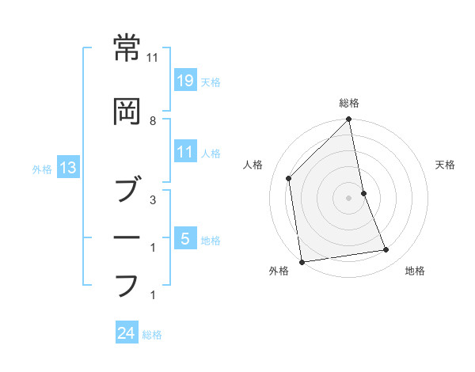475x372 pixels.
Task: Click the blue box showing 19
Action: point(184,80)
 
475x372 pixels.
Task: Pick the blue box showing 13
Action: point(67,167)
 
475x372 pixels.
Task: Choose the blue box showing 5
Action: point(184,238)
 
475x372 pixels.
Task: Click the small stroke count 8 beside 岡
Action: point(153,121)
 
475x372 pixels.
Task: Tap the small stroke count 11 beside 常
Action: point(153,58)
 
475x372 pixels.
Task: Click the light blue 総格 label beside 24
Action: point(152,335)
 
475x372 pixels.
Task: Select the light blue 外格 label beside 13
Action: point(42,168)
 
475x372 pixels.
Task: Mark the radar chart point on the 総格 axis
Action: point(349,120)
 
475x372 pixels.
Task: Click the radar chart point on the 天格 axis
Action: point(363,193)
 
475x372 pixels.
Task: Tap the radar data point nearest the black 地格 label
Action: point(386,250)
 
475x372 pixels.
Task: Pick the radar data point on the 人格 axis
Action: point(289,178)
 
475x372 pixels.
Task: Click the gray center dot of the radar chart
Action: point(349,198)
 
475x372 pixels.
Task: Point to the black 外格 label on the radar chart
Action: point(279,271)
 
